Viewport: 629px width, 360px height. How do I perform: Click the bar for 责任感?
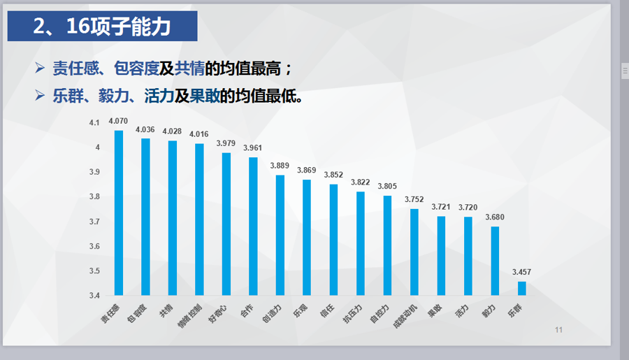[x=119, y=213]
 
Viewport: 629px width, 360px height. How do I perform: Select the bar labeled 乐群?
[x=521, y=288]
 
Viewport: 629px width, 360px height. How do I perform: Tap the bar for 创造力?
[x=280, y=235]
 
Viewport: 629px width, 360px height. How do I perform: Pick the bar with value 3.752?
[x=414, y=252]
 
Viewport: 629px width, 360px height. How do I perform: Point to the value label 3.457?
[x=521, y=272]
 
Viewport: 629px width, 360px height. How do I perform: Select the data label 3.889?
[x=280, y=166]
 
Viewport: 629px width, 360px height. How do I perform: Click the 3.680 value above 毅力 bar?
[x=495, y=217]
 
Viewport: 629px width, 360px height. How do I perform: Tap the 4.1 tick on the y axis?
[x=95, y=123]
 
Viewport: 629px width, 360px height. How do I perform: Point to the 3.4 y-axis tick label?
[x=95, y=296]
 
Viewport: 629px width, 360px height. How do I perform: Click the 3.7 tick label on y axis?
[x=95, y=222]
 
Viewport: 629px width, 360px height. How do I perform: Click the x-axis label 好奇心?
[x=217, y=314]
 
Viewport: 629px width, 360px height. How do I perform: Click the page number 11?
[x=558, y=330]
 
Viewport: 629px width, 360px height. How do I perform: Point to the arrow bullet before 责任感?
[x=40, y=69]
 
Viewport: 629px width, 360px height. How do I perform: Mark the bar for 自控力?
[x=387, y=245]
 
